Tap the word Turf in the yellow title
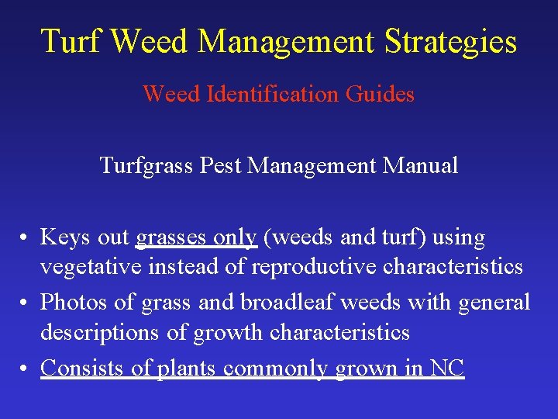coord(71,41)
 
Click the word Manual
coord(425,165)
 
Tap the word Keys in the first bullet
coord(64,237)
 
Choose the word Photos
coord(73,301)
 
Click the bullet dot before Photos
coord(26,302)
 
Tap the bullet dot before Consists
coord(26,368)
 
